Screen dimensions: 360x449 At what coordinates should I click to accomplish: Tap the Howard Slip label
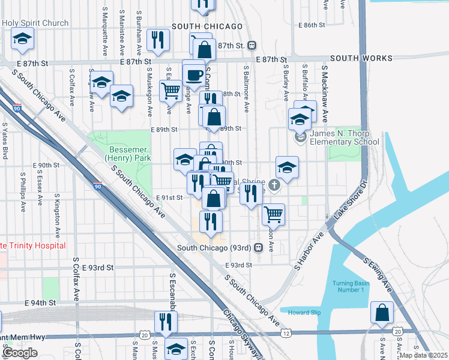pyautogui.click(x=304, y=313)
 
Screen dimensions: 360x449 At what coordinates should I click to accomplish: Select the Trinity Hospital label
pyautogui.click(x=33, y=245)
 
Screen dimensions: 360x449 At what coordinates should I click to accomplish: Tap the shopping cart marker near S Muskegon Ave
pyautogui.click(x=170, y=91)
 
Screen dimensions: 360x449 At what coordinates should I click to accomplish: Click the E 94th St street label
pyautogui.click(x=41, y=304)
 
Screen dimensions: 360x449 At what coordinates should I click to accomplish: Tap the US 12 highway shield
pyautogui.click(x=289, y=332)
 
